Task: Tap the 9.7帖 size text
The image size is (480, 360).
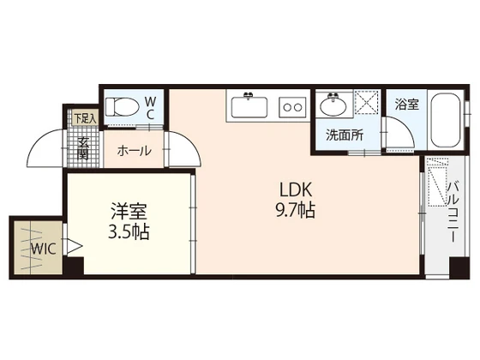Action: point(295,210)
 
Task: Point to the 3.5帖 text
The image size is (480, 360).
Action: point(127,231)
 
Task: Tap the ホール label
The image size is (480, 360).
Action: point(134,151)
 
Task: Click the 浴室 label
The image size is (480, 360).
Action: point(406,105)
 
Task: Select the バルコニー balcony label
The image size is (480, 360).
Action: point(453,211)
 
